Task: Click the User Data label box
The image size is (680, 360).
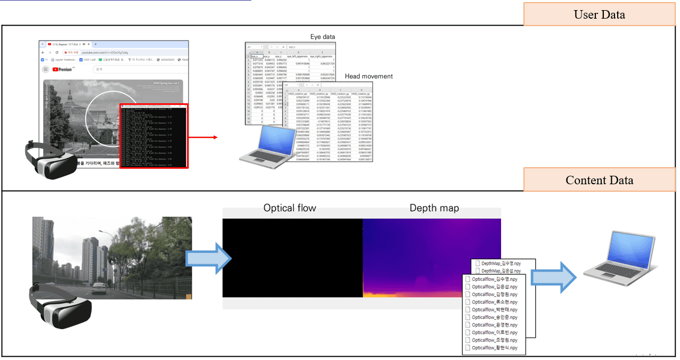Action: point(599,14)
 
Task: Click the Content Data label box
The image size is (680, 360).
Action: point(599,180)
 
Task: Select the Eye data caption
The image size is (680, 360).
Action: point(323,37)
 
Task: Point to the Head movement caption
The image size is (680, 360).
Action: point(368,76)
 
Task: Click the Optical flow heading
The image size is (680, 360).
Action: point(290,208)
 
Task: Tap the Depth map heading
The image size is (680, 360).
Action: point(434,208)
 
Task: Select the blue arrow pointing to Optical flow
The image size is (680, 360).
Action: point(208,258)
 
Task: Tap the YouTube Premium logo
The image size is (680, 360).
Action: point(64,69)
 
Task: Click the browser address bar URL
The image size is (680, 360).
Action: point(104,53)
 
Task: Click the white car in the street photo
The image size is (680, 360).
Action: point(99,288)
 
